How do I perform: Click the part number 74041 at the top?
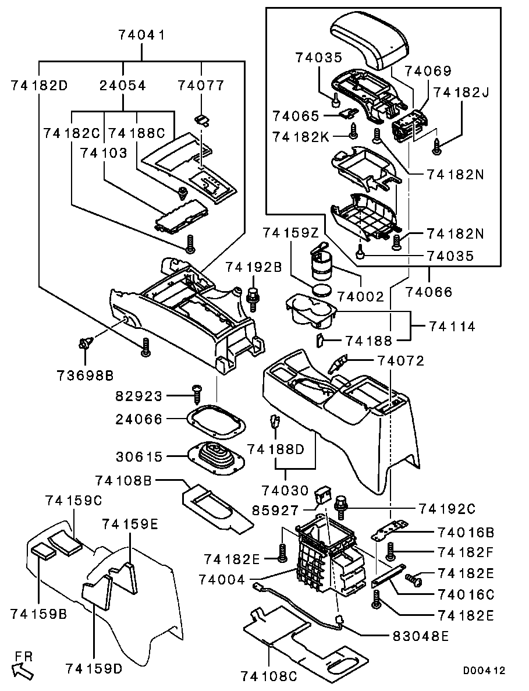tap(143, 36)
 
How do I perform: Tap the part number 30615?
tap(140, 456)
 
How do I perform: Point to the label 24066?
tap(140, 419)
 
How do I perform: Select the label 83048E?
tap(416, 636)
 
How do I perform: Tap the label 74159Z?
tap(290, 233)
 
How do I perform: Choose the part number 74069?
tap(428, 71)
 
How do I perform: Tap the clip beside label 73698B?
tap(84, 345)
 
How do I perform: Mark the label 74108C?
tap(269, 676)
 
